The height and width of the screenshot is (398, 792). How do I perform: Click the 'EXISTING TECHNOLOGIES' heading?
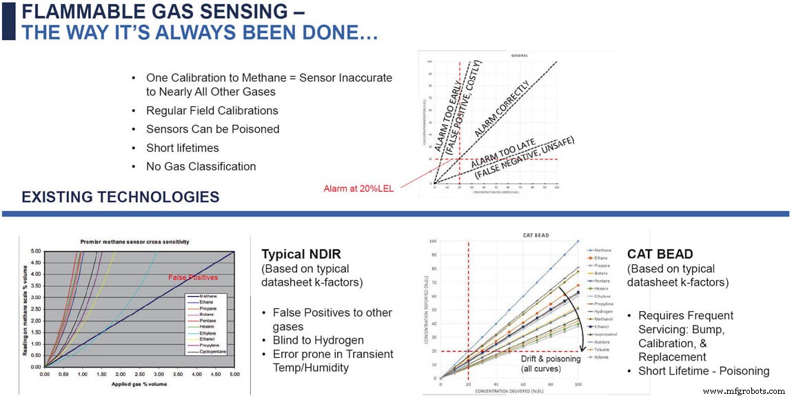point(120,197)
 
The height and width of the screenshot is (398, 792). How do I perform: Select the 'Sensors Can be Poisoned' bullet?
point(212,129)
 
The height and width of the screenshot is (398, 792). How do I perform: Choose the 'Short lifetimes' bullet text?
point(182,148)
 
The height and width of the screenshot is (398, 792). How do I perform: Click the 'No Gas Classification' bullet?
point(201,166)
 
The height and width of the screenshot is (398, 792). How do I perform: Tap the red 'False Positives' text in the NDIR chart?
point(192,277)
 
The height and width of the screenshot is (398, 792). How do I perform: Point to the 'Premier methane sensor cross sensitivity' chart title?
point(136,241)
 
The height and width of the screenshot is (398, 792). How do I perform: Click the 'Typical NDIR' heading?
point(301,253)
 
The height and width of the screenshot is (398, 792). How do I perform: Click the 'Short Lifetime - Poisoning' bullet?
point(703,371)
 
